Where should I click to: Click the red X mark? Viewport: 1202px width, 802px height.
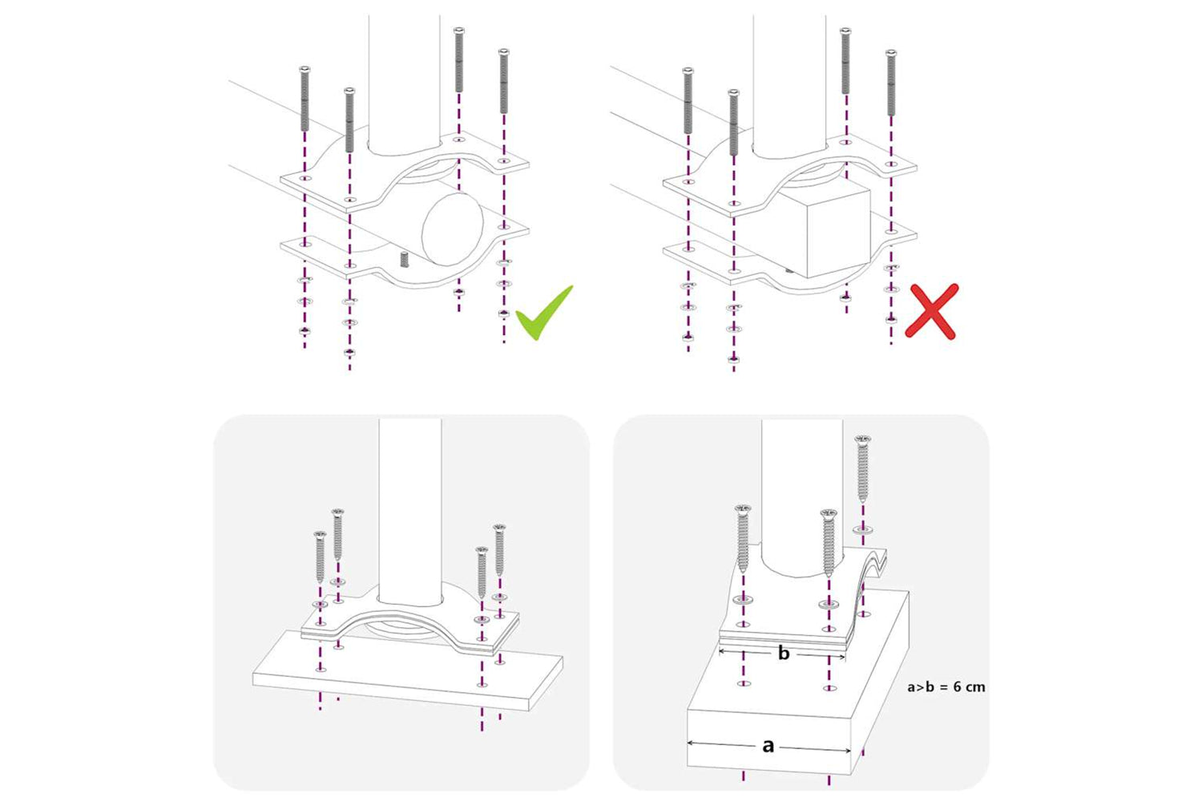(x=931, y=311)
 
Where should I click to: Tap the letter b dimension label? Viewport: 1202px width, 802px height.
(x=784, y=653)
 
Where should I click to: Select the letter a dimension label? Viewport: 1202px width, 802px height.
(x=768, y=746)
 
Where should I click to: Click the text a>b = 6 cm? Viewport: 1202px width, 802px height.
(x=946, y=687)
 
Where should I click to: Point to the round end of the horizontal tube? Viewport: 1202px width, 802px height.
(x=453, y=229)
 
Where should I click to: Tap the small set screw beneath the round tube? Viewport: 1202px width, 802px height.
(x=405, y=260)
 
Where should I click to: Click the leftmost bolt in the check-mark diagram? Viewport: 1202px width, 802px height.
(x=305, y=99)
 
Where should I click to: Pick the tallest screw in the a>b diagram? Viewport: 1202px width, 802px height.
(x=862, y=468)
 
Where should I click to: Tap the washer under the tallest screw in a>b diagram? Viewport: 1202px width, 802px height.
(x=862, y=530)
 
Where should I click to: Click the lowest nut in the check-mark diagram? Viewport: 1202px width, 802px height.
(x=350, y=353)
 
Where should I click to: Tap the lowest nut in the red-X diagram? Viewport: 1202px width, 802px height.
(x=733, y=358)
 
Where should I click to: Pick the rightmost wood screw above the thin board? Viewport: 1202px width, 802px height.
(x=499, y=550)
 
